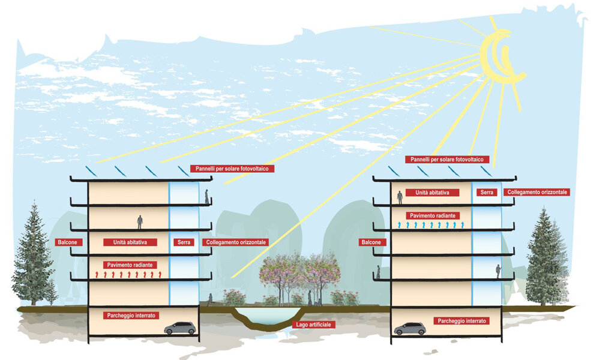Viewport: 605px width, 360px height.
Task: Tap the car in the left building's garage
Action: [179, 328]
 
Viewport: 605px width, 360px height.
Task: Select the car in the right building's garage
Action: [409, 329]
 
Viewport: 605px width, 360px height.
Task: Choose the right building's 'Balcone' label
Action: [371, 242]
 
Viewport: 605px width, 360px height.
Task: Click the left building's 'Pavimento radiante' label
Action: [130, 265]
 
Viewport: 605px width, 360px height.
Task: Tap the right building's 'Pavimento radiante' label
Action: [433, 215]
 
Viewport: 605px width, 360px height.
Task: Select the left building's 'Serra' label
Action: [182, 242]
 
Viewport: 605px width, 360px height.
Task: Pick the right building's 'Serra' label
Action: [485, 193]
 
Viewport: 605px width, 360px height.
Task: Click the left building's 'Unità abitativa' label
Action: [130, 242]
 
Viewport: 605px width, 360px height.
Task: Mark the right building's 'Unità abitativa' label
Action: [433, 193]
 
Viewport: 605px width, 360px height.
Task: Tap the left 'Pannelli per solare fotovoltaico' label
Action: [232, 169]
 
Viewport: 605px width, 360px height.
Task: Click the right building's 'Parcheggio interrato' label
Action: [461, 321]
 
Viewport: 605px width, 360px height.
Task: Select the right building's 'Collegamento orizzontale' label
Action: [537, 193]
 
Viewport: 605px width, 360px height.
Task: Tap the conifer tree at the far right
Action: [546, 258]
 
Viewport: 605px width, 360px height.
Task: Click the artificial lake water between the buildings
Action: [264, 316]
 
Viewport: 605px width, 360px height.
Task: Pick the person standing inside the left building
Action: [140, 222]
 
